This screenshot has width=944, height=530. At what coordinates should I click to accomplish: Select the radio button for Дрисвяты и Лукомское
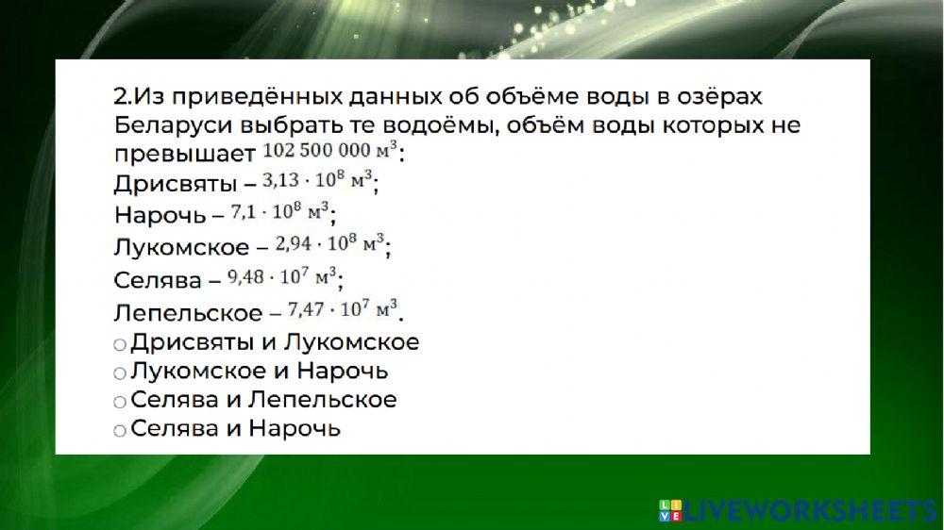pos(119,345)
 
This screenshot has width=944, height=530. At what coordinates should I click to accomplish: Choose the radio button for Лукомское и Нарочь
pos(119,373)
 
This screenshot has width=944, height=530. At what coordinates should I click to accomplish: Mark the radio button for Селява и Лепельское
pos(119,402)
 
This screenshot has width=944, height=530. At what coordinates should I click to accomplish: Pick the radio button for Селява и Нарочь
pos(119,431)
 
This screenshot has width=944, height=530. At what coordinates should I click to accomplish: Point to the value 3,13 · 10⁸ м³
pos(317,180)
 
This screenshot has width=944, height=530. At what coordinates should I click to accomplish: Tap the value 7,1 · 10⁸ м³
pos(279,211)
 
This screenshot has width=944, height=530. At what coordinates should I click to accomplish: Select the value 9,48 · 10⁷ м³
pos(280,276)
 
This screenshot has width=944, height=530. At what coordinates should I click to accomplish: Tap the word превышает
pos(184,154)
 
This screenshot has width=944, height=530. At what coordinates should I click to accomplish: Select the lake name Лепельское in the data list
pos(187,312)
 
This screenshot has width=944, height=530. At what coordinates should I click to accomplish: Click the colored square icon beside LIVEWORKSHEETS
pos(669,511)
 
